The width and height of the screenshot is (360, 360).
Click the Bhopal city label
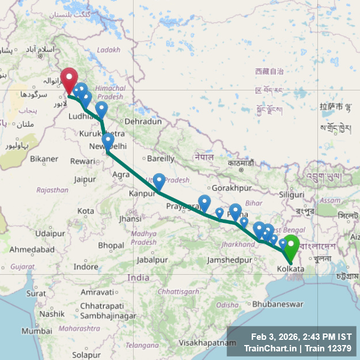111,246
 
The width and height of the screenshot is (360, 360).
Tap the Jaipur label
85,179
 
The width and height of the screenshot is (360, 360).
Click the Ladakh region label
109,50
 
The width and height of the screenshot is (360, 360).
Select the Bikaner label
44,158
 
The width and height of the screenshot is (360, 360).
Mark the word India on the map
138,278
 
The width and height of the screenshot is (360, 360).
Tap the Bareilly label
161,158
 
